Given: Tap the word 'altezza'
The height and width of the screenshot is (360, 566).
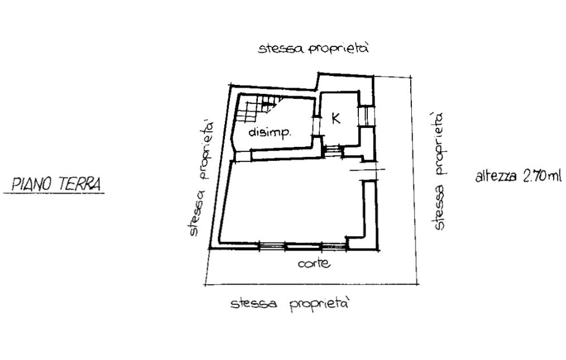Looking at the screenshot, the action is (x=496, y=176).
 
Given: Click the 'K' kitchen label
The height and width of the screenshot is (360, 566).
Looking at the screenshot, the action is (x=335, y=118).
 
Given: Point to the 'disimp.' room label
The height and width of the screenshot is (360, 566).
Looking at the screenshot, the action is (x=270, y=132).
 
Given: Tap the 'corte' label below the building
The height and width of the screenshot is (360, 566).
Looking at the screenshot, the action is (x=314, y=263).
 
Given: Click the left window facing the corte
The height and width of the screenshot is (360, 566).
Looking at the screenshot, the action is (x=272, y=246).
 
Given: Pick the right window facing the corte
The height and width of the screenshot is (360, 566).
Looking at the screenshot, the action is (x=334, y=246).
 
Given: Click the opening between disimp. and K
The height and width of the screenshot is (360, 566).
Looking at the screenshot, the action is (x=318, y=126).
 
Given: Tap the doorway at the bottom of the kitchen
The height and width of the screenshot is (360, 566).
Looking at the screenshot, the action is (x=333, y=150).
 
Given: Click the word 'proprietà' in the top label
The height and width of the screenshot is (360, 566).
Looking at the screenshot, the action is (x=339, y=49).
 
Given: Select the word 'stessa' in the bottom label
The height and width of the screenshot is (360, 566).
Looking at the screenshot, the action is (x=254, y=303).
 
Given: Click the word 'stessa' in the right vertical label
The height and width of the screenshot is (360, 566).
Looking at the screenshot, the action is (x=439, y=207).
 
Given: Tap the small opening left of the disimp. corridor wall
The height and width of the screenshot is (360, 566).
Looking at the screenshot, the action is (x=243, y=156).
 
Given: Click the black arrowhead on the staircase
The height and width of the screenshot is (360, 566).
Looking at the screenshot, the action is (x=266, y=104).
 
